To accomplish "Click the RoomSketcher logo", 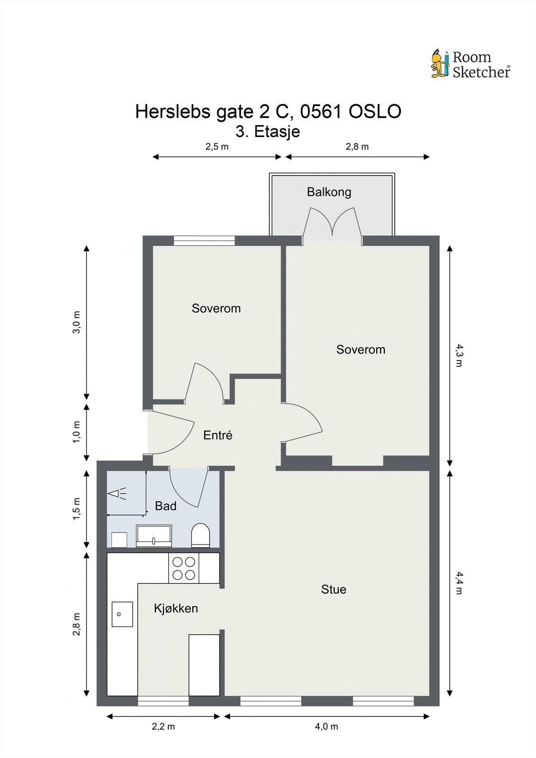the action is (471, 64).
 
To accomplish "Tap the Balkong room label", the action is (329, 192).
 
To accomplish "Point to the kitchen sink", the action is (122, 614).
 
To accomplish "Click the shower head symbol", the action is (117, 494).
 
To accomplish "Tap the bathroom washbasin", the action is (154, 536).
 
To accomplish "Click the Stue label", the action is (334, 589).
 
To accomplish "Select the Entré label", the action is (218, 435).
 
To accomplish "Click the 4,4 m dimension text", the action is (459, 583).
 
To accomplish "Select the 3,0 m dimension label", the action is (76, 322).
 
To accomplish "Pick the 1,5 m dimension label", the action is (76, 509).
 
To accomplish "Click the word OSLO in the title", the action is (375, 111).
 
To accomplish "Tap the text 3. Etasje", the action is (268, 132).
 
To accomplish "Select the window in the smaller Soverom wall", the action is (204, 240).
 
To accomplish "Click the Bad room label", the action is (165, 506).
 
